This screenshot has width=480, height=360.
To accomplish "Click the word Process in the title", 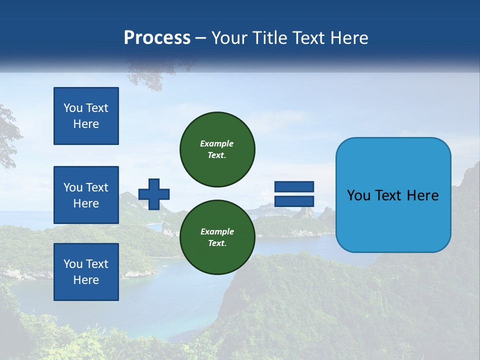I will [157, 38].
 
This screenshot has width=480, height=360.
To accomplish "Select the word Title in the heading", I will [269, 38].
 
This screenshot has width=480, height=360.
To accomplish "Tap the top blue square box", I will [86, 116].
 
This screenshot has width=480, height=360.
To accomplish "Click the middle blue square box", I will [86, 195].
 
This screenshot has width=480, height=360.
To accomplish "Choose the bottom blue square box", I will [86, 272].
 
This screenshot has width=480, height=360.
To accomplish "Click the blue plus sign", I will [154, 194].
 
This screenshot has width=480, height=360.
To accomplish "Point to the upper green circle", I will [217, 149].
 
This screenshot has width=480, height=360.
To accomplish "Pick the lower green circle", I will [217, 237].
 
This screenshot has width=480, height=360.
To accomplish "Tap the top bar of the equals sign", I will [294, 187].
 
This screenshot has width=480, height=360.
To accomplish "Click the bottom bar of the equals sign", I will [294, 201].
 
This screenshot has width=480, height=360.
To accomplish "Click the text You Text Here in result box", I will [393, 195].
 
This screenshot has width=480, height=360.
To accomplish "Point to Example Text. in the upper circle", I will [217, 149].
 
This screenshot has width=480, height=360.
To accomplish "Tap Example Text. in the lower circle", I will [217, 237].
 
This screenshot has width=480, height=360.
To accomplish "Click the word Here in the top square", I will [86, 124].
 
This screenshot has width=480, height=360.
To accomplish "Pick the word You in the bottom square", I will [73, 264].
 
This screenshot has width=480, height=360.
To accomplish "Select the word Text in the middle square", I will [96, 187].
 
